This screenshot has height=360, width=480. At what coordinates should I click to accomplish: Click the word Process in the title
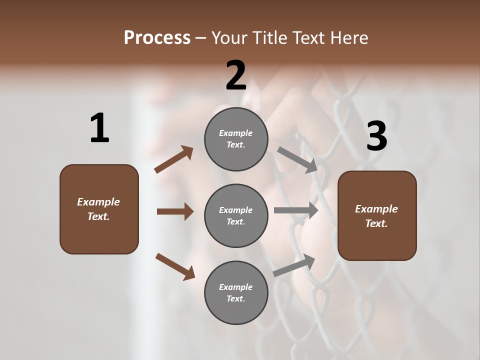coord(157,38)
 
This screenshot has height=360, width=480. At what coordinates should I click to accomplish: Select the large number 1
coord(99,128)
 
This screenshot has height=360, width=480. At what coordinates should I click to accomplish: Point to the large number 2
coord(236,75)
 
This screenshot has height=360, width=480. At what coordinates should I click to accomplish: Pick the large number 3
coord(376,136)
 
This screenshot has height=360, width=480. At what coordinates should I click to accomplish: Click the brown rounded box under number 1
coord(99,209)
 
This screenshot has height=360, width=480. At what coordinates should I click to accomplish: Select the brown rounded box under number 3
coord(377,216)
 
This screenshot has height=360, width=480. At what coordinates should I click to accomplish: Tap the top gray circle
coord(236,139)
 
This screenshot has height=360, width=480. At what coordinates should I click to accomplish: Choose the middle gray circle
coord(236,215)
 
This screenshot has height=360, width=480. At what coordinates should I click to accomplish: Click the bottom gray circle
coord(236,292)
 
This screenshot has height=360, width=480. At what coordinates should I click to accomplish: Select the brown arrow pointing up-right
coord(174,159)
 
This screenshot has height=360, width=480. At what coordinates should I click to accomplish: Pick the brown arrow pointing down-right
coord(175,266)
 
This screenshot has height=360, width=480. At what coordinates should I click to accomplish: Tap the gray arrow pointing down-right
coord(297,159)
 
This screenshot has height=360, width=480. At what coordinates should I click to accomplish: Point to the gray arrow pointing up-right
coord(294,265)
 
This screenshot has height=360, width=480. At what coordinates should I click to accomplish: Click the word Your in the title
coord(227,38)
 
